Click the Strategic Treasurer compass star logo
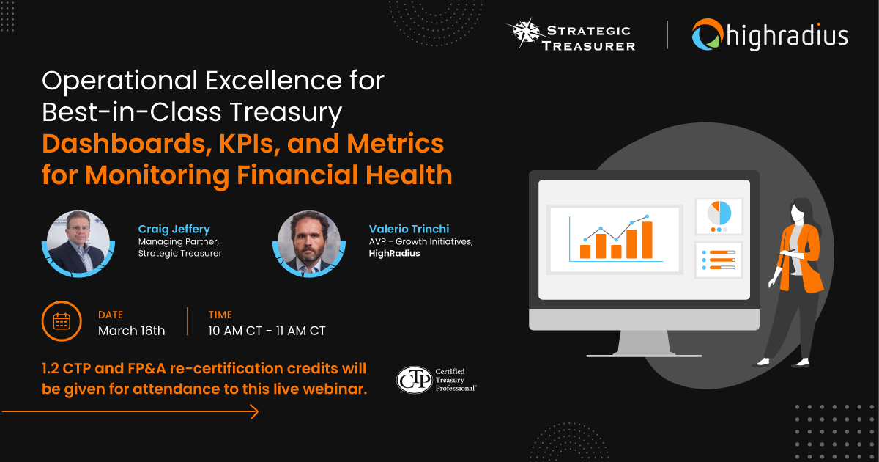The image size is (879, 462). pyautogui.click(x=526, y=34)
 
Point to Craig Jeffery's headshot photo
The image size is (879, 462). pyautogui.click(x=78, y=242)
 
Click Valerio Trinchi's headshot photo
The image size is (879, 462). pyautogui.click(x=309, y=242)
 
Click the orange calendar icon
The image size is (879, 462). pyautogui.click(x=62, y=321)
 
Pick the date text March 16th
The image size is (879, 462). pyautogui.click(x=132, y=331)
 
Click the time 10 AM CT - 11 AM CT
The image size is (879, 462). pyautogui.click(x=267, y=331)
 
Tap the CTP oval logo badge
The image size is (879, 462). pyautogui.click(x=414, y=379)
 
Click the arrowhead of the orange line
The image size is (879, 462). pyautogui.click(x=253, y=412)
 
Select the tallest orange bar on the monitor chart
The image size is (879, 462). pyautogui.click(x=647, y=239)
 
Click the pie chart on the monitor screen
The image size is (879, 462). pyautogui.click(x=719, y=213)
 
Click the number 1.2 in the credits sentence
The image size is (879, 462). pyautogui.click(x=54, y=368)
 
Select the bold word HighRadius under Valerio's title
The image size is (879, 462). pyautogui.click(x=390, y=254)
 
